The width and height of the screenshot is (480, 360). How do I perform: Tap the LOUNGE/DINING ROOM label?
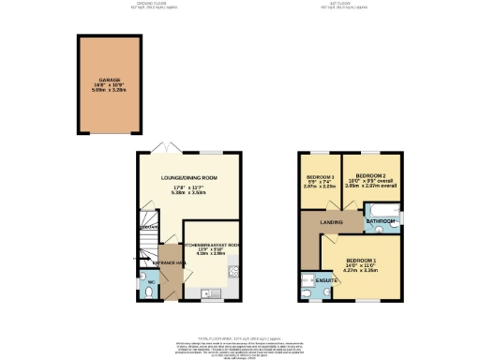(189, 177)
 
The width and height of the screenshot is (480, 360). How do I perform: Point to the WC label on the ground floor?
(151, 282)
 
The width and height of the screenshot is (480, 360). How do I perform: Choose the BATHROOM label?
(381, 221)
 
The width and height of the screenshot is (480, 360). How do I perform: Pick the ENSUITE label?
(326, 279)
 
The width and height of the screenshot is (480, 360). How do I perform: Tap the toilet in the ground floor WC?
(151, 292)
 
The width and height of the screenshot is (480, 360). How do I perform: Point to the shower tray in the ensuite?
(308, 279)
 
